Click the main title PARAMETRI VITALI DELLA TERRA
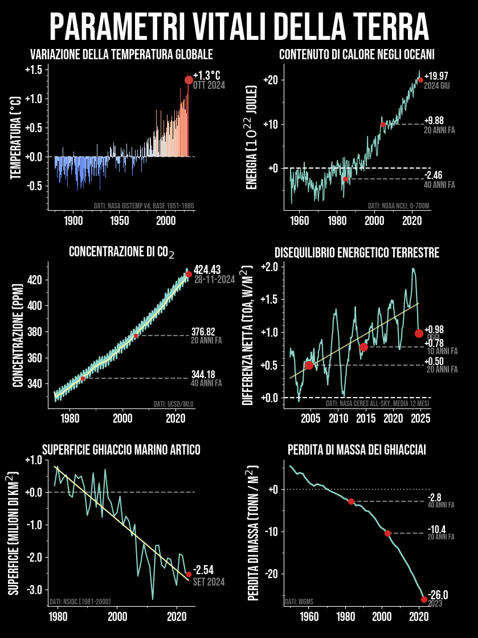click(x=239, y=26)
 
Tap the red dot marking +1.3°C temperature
click(x=189, y=80)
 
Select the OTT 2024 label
click(x=209, y=85)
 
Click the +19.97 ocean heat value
click(x=436, y=76)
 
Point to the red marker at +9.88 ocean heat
click(x=383, y=124)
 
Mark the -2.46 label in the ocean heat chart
click(x=434, y=175)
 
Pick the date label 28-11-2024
click(x=214, y=280)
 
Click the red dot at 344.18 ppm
click(x=83, y=378)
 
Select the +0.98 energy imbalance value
click(x=435, y=330)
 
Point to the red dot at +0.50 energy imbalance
click(x=309, y=365)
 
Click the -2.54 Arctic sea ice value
click(x=203, y=570)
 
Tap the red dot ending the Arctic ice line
click(x=189, y=574)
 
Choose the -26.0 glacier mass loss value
click(x=438, y=595)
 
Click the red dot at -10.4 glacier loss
click(x=388, y=533)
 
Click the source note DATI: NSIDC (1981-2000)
click(x=80, y=601)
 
